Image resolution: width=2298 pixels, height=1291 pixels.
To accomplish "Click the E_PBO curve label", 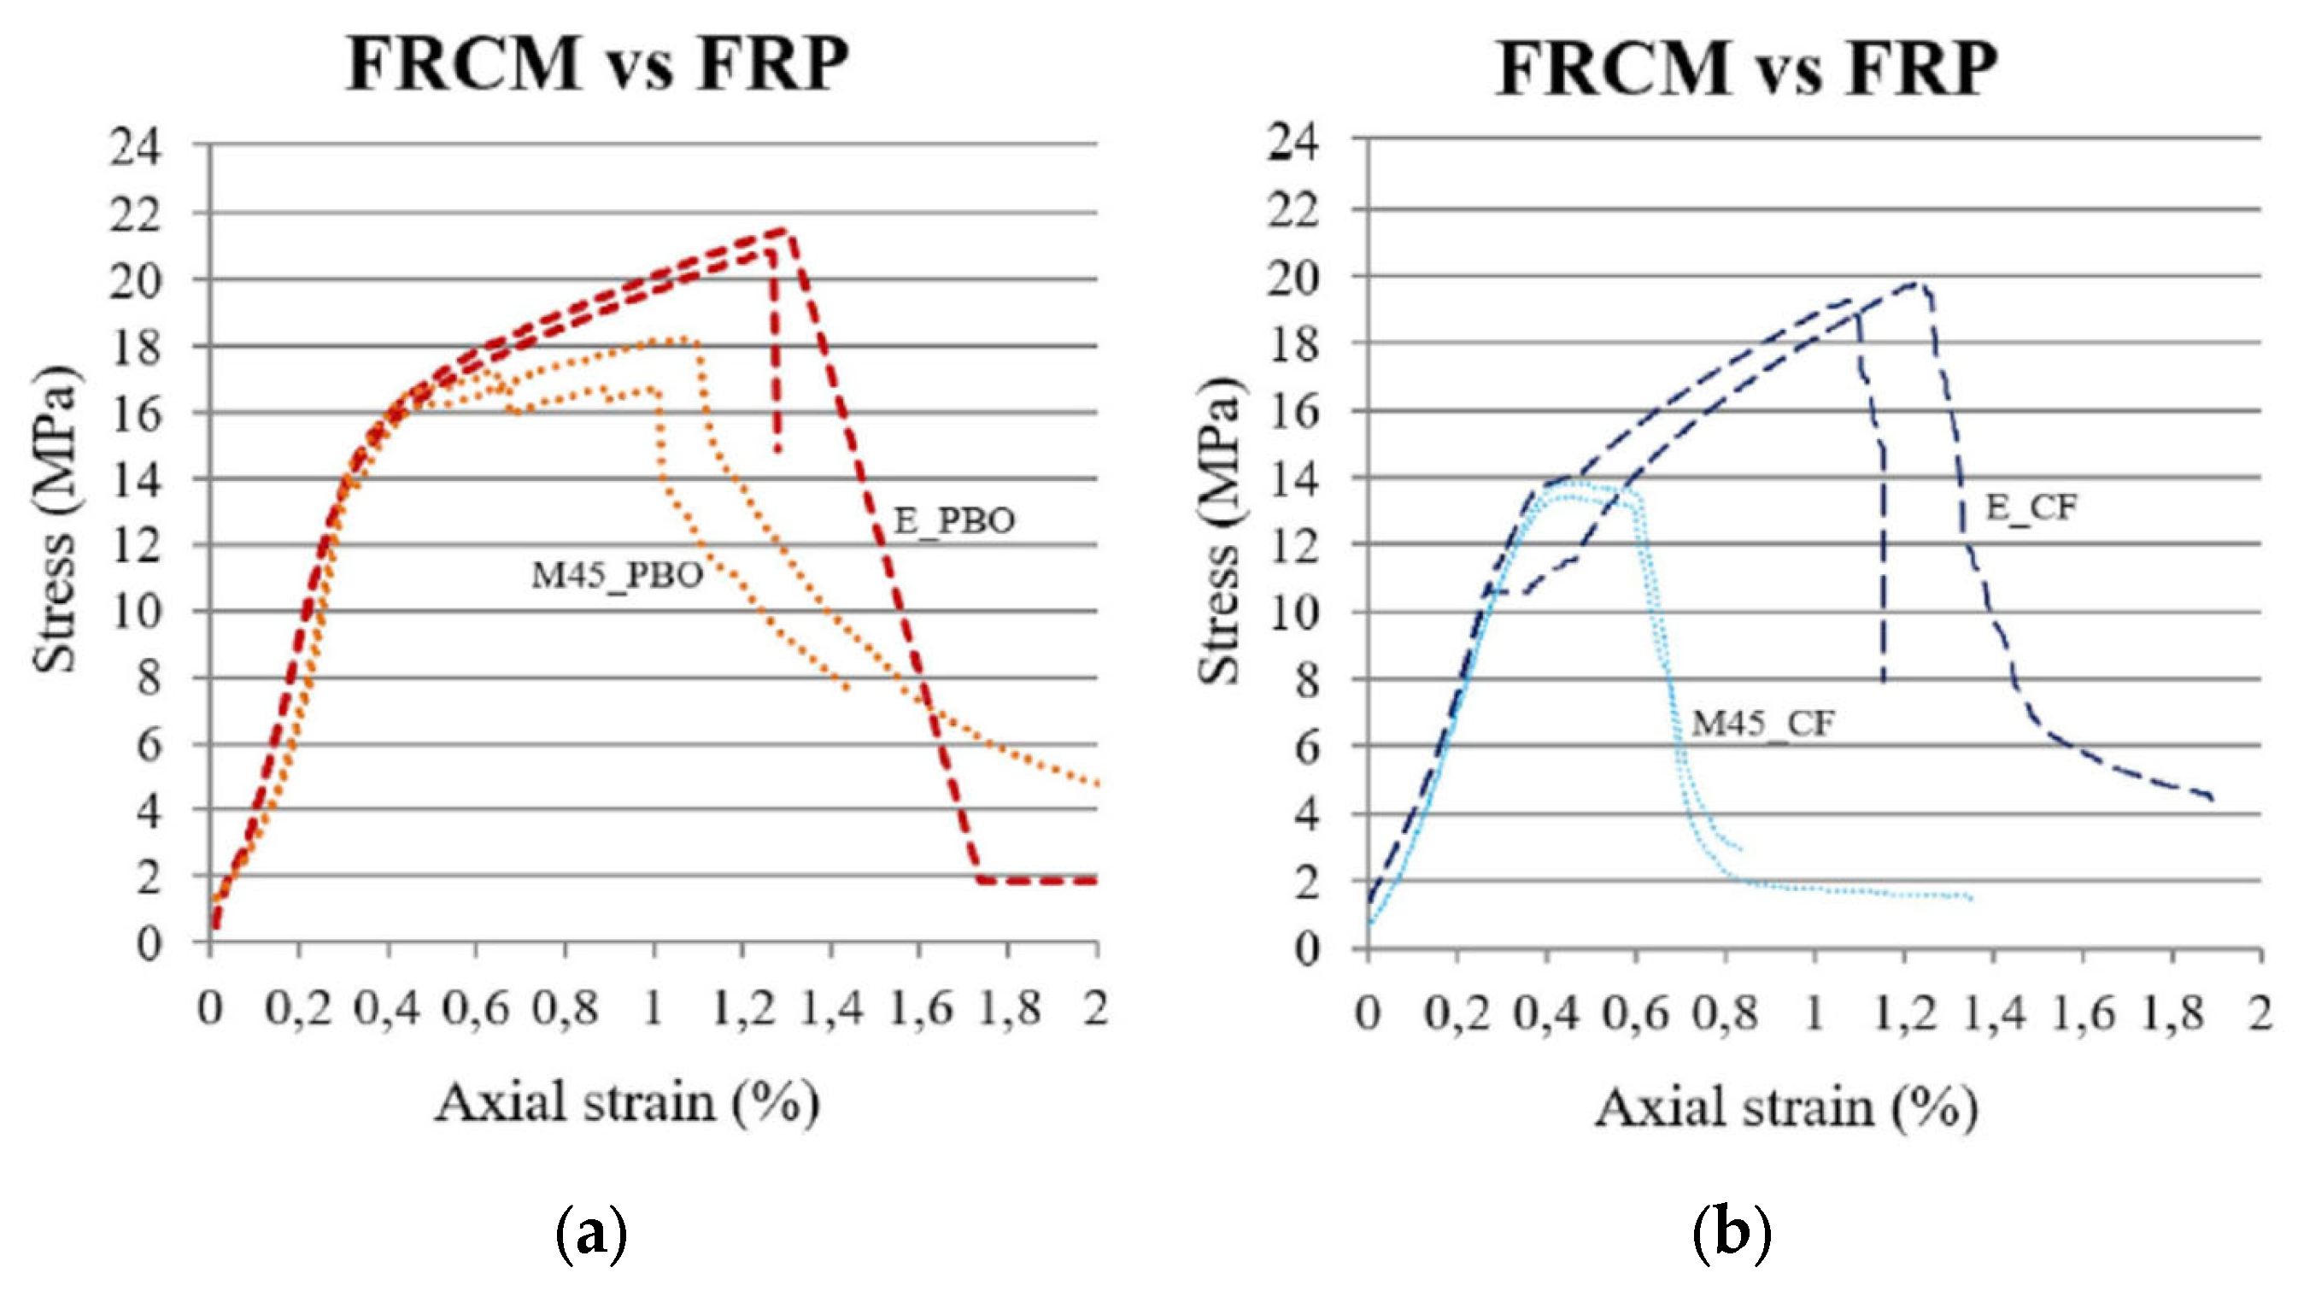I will [x=953, y=521].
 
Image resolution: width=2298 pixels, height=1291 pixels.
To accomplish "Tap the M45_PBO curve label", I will [x=618, y=576].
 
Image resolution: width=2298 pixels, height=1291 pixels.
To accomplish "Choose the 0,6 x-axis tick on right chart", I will [x=1634, y=1014].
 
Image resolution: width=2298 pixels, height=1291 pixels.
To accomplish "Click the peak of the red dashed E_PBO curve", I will [x=785, y=230].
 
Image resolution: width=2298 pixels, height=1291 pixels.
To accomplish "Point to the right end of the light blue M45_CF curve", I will [x=1969, y=897].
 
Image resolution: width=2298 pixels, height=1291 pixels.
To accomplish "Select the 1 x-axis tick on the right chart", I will [x=1814, y=1014].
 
